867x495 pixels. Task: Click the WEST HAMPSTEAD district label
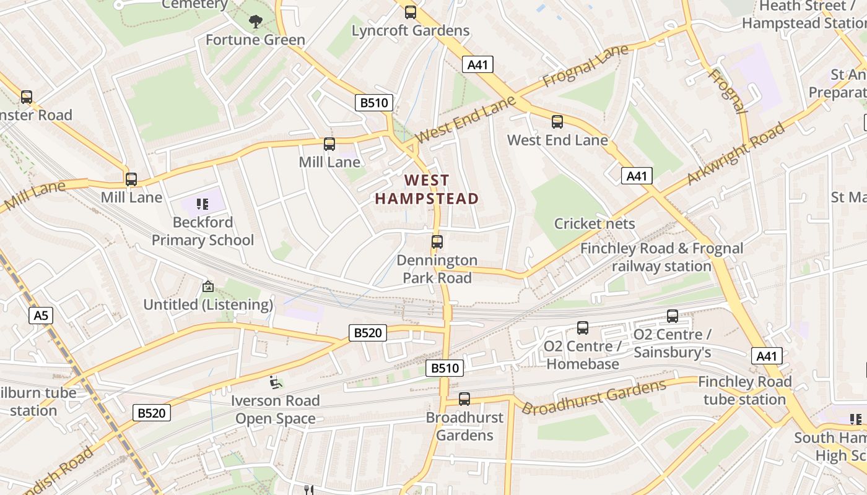coord(427,189)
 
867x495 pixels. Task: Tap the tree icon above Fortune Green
coord(255,22)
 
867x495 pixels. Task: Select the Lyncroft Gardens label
coord(411,30)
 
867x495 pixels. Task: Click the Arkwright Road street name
coord(736,153)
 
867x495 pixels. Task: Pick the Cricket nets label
coord(595,223)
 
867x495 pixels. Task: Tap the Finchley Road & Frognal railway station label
coord(661,257)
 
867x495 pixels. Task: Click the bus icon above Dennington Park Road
coord(437,242)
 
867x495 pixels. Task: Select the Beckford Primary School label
coord(203,231)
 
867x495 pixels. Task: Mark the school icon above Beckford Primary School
coord(202,204)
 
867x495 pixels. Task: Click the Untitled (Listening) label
coord(208,304)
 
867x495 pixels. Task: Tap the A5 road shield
coord(41,316)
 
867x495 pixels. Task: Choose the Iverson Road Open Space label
coord(276,410)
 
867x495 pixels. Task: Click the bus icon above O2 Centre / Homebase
coord(583,328)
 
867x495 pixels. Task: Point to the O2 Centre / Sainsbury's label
coord(672,343)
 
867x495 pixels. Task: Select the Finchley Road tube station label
coord(744,390)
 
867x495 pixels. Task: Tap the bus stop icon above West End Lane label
coord(557,122)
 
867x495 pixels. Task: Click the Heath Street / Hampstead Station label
coord(804,15)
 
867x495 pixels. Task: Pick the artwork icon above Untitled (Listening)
coord(208,286)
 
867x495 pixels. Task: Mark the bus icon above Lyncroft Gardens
coord(411,12)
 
